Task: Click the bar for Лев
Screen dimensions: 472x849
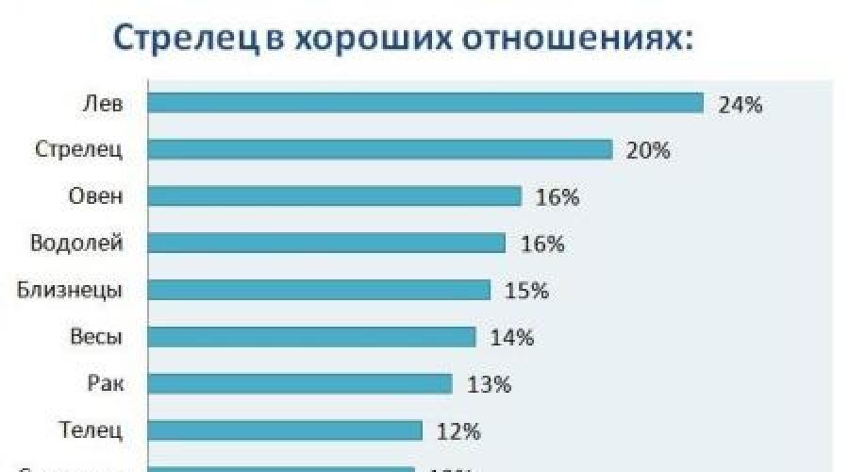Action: (424, 102)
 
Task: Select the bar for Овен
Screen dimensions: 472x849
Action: (334, 195)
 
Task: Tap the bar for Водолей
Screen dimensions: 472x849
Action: (326, 243)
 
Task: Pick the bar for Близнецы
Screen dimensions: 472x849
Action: (319, 289)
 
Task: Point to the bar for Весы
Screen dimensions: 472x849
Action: (311, 336)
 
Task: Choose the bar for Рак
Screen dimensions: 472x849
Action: (300, 383)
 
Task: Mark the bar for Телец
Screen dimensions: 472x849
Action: (285, 430)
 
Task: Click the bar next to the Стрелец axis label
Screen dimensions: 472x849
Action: (379, 149)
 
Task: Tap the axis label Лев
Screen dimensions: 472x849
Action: (104, 103)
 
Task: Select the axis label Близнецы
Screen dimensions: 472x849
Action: (71, 290)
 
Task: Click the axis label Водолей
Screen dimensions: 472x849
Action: (77, 244)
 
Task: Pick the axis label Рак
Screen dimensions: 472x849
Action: (104, 384)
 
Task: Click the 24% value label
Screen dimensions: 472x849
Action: (740, 105)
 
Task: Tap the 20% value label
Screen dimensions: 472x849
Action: (648, 151)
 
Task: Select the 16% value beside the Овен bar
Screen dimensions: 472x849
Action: (557, 198)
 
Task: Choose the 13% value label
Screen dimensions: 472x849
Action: (489, 385)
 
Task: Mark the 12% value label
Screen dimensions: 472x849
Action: (458, 432)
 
